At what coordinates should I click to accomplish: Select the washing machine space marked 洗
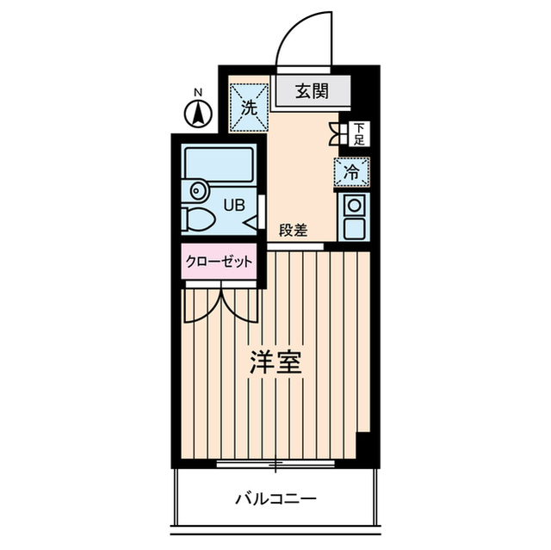[249, 108]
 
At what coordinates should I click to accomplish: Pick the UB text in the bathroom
[234, 205]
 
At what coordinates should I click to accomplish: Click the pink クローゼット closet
[219, 262]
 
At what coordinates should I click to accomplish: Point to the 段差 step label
[294, 231]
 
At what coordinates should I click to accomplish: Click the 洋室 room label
[275, 362]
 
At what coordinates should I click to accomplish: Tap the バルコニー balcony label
[275, 498]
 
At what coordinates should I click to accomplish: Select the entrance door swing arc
[303, 39]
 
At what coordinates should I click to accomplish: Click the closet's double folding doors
[220, 306]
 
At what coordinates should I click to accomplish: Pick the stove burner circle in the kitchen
[353, 205]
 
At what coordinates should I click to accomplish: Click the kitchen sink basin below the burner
[353, 228]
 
